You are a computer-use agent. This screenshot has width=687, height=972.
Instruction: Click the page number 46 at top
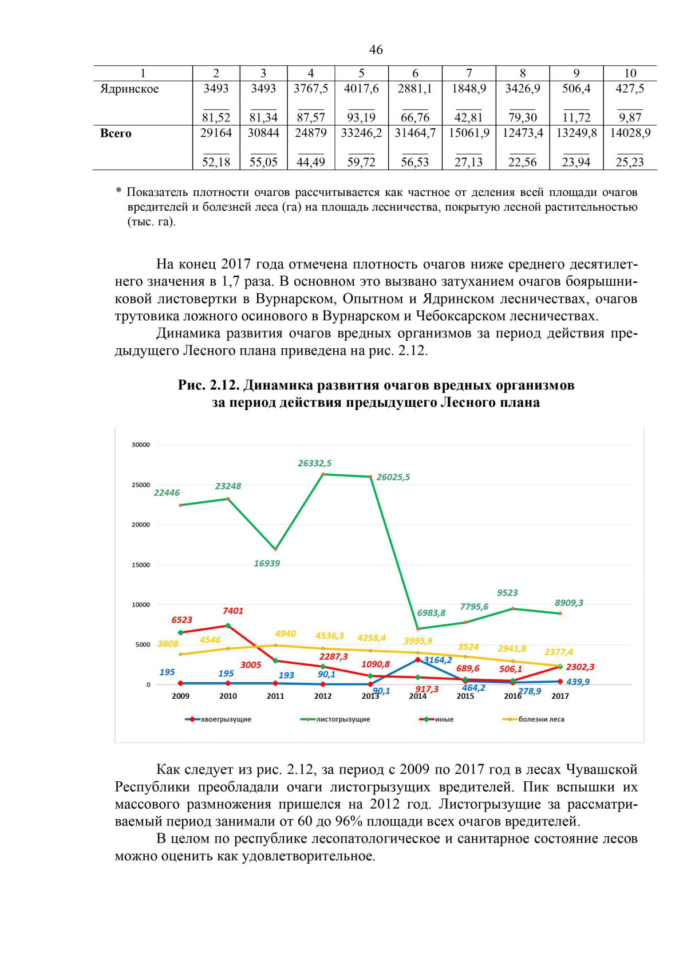[376, 50]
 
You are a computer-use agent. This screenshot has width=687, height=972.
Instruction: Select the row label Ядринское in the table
[129, 89]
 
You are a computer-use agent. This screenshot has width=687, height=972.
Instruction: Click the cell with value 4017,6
[361, 89]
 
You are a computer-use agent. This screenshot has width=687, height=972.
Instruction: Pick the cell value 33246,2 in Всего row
[361, 133]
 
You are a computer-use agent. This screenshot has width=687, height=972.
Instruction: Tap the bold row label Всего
[116, 133]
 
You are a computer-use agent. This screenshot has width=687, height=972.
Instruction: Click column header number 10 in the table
[630, 73]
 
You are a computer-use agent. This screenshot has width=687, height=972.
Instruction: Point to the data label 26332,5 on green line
[314, 463]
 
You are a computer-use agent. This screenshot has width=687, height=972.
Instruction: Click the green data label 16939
[267, 563]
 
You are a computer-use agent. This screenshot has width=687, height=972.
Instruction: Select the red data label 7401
[233, 611]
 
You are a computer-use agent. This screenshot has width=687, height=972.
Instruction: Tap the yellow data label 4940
[285, 633]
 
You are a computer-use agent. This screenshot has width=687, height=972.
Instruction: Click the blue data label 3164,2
[437, 660]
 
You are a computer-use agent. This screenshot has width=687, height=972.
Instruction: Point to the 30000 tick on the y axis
[141, 444]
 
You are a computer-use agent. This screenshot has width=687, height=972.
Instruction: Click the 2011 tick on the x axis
[275, 696]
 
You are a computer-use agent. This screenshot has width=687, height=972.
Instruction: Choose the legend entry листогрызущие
[342, 719]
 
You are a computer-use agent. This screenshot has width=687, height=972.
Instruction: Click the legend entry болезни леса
[540, 719]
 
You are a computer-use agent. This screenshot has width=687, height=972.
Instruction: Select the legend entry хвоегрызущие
[226, 719]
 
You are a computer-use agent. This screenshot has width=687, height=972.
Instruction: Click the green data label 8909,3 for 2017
[568, 603]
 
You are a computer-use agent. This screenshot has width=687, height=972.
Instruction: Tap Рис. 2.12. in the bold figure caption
[208, 385]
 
